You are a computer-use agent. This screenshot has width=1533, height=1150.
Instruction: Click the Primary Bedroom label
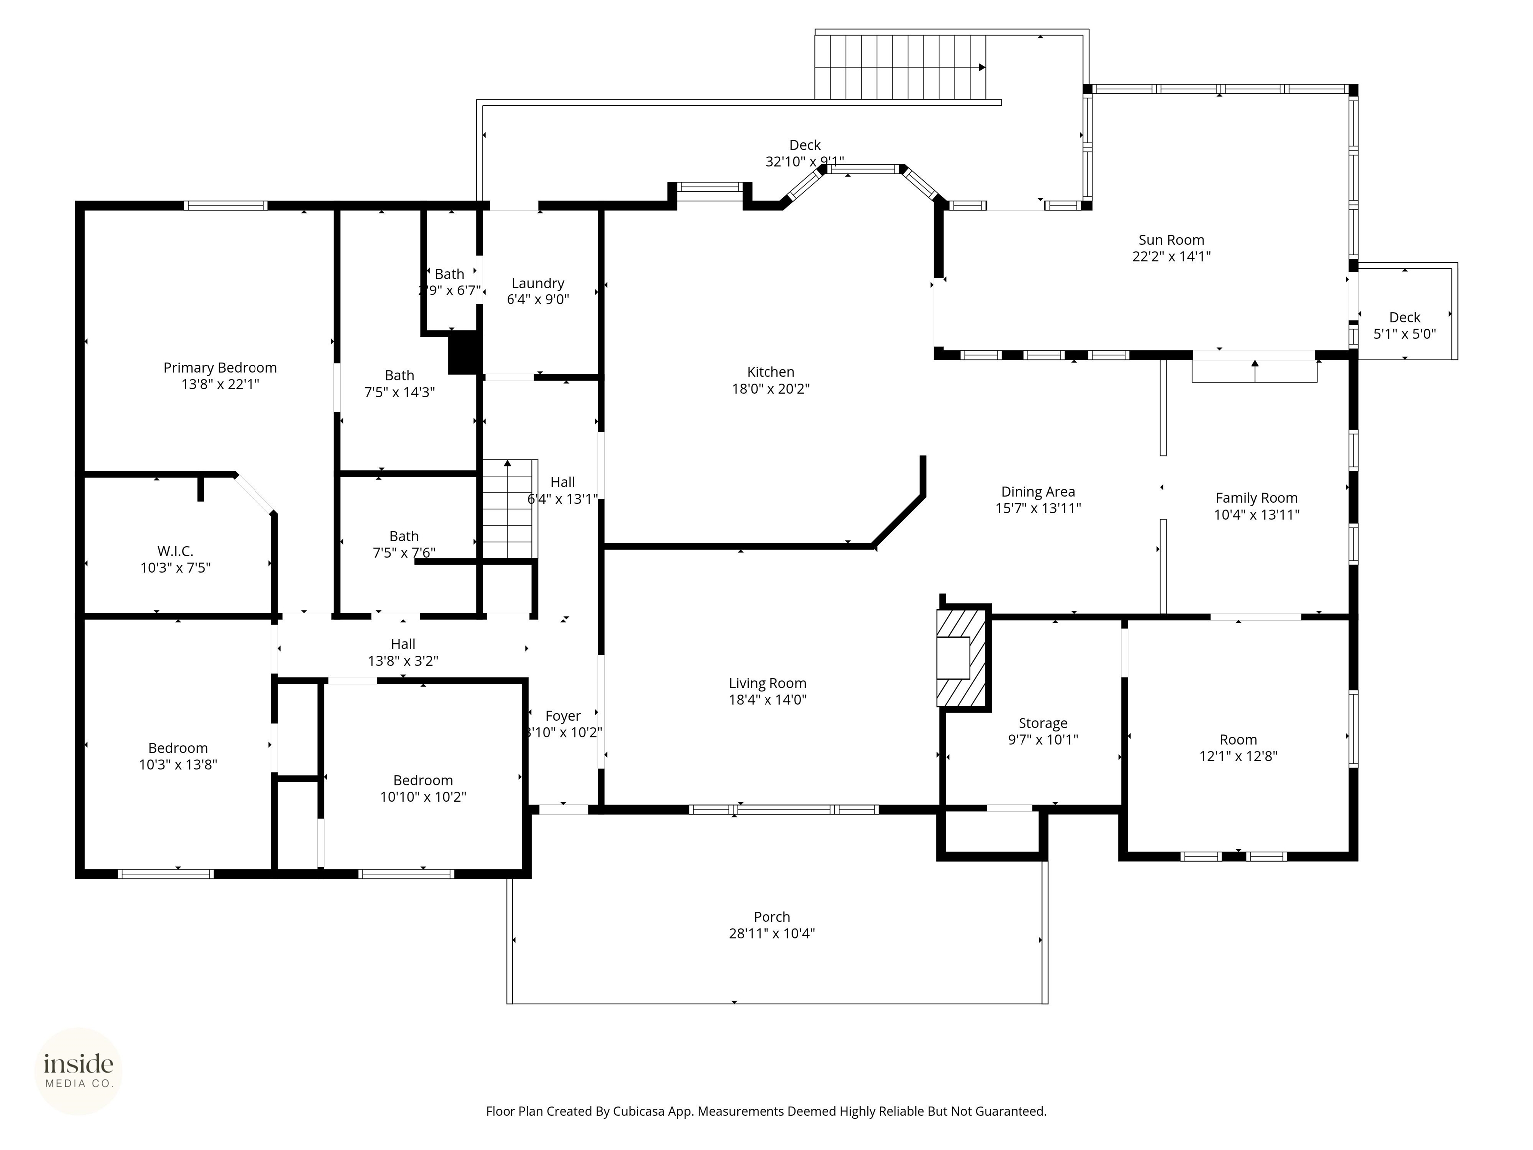point(220,368)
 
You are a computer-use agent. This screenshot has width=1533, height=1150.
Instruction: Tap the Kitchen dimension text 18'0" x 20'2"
point(770,389)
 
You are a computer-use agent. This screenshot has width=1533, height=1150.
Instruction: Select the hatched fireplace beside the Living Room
point(961,658)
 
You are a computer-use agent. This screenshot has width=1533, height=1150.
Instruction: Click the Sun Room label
point(1171,240)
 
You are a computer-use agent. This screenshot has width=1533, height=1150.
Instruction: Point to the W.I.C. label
point(175,551)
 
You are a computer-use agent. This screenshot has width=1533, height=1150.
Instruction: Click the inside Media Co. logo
point(78,1071)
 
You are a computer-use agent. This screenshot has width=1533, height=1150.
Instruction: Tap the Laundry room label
point(538,283)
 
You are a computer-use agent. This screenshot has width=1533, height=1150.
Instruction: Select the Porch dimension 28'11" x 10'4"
point(771,934)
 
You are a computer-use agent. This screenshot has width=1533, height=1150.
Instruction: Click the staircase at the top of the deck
point(900,67)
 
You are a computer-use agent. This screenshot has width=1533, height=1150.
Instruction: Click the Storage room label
point(1042,723)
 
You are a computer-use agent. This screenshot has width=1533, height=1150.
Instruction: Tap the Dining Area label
point(1037,492)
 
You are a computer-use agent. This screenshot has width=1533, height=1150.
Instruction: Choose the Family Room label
point(1256,498)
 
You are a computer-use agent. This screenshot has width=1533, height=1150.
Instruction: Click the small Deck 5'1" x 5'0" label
point(1404,317)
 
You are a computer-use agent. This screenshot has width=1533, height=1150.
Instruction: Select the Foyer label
point(563,716)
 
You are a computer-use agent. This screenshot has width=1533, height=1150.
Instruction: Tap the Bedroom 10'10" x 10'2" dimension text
point(423,797)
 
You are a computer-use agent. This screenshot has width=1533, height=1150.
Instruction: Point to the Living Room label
point(767,683)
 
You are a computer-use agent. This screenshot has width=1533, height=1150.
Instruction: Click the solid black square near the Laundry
point(464,353)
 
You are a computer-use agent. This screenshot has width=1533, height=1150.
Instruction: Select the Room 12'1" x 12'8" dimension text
point(1238,756)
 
